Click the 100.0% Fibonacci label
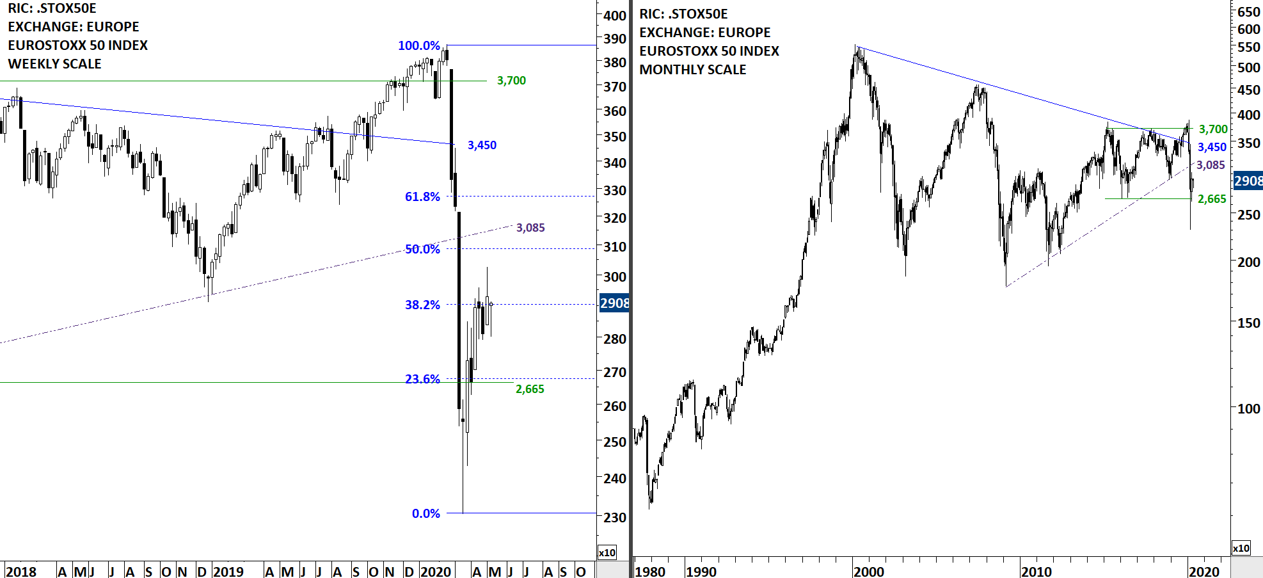point(419,45)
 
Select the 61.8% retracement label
point(422,197)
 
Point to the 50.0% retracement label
point(422,249)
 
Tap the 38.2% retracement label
point(422,305)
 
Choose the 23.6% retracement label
point(422,379)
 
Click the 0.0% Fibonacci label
point(425,513)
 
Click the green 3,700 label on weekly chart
point(511,81)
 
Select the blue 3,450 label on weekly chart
point(482,145)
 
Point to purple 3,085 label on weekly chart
point(530,228)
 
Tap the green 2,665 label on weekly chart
point(530,389)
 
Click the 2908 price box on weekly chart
point(614,303)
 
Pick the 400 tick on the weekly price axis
point(615,15)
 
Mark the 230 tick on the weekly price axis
point(615,517)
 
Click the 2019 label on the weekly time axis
point(228,571)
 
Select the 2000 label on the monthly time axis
point(868,571)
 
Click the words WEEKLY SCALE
point(54,64)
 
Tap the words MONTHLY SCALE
point(692,70)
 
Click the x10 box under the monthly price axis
point(1241,548)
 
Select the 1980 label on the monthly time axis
point(649,571)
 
